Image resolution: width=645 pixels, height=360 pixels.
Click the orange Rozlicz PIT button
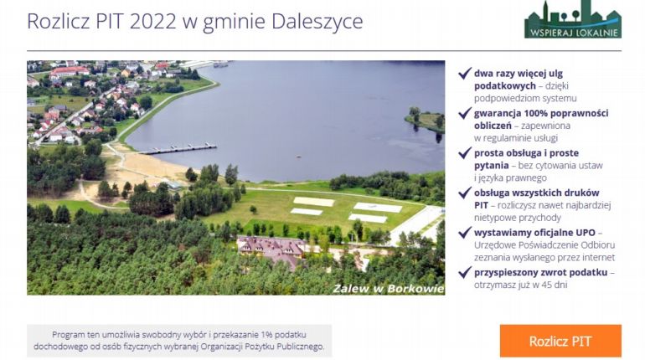click(560, 341)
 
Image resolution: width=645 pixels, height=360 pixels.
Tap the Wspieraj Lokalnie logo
click(573, 19)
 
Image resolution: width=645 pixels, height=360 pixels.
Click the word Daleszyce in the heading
click(317, 22)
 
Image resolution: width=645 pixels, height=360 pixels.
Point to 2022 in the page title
click(152, 22)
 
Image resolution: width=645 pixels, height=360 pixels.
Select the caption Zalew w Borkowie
click(389, 288)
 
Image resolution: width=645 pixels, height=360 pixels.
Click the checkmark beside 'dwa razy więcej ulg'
click(465, 74)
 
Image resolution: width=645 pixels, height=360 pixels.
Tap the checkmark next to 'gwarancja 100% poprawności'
click(465, 113)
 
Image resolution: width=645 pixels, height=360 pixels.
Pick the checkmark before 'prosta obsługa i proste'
click(465, 153)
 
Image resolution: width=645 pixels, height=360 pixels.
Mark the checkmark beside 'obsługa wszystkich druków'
click(465, 193)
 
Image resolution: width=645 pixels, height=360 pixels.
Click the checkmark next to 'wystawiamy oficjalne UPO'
click(465, 233)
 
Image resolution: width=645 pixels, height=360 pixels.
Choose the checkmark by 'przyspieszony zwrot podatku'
click(465, 272)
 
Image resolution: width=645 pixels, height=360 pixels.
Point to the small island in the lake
click(425, 120)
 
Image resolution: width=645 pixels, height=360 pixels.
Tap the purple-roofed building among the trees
click(272, 250)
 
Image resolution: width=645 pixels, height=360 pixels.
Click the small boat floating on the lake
click(299, 157)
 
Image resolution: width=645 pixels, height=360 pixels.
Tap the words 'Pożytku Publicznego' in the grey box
click(284, 347)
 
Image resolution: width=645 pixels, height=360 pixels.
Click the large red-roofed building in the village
click(69, 72)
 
